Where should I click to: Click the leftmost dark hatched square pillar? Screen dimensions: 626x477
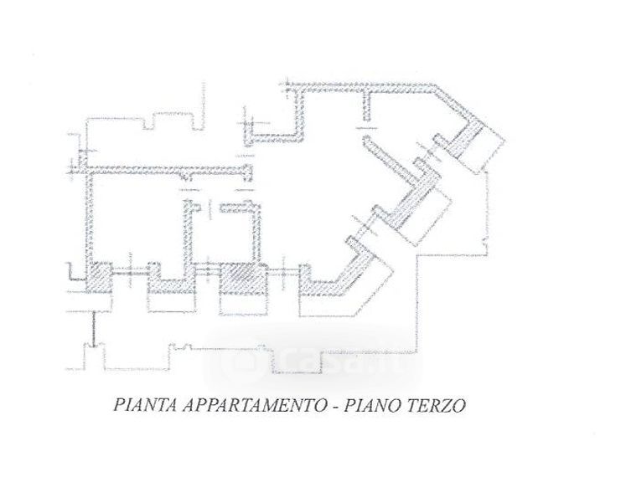(x=100, y=276)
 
